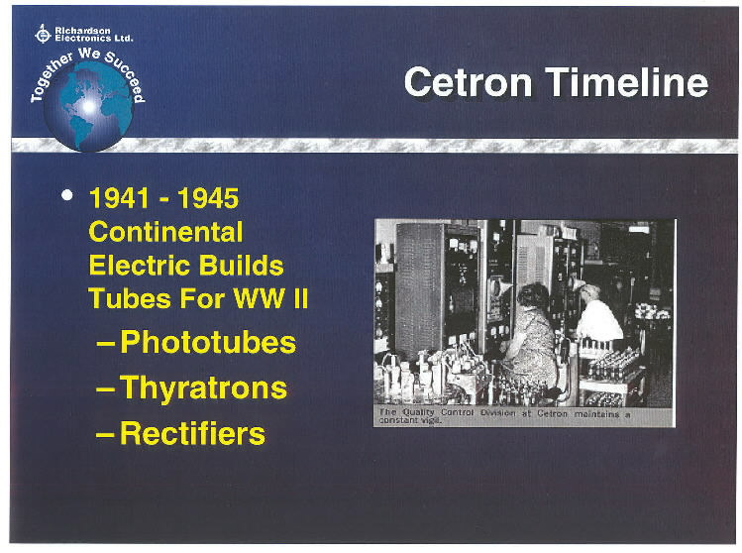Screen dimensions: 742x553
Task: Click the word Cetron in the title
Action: coord(468,83)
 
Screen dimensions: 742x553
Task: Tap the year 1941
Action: coord(119,198)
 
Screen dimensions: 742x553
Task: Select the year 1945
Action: coord(208,198)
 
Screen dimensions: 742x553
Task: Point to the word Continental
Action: coord(165,232)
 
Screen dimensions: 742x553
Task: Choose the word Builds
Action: coord(242,266)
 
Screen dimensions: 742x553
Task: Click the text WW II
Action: coord(270,298)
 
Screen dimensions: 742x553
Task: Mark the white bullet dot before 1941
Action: coord(67,195)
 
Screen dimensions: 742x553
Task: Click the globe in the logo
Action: coord(88,106)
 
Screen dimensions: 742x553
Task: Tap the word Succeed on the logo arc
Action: coord(126,75)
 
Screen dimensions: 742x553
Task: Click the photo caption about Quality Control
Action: coord(504,416)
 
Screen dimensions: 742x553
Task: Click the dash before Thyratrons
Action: coord(105,390)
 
